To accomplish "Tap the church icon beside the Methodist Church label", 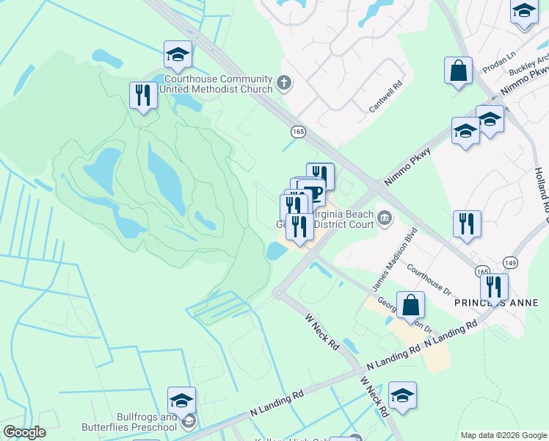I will point(285,84).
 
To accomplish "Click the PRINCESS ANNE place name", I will point(496,303).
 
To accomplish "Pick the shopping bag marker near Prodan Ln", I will point(458,71).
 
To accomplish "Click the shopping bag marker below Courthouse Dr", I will point(411,305).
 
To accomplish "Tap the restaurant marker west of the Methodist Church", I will point(143,95).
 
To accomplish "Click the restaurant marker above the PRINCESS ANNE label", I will point(495,287).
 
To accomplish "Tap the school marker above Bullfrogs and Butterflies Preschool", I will point(181,401).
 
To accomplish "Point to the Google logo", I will point(24,433).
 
